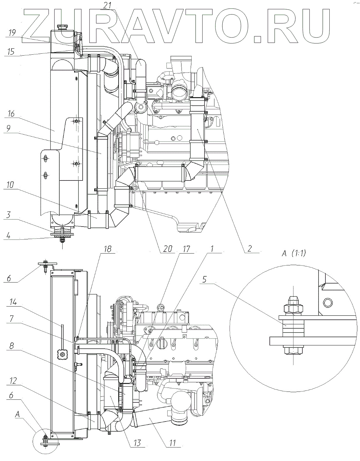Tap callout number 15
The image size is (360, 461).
[x=12, y=52]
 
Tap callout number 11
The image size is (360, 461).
[x=173, y=443]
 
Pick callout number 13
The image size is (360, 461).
[x=137, y=443]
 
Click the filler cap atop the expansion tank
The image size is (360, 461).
[x=62, y=27]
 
